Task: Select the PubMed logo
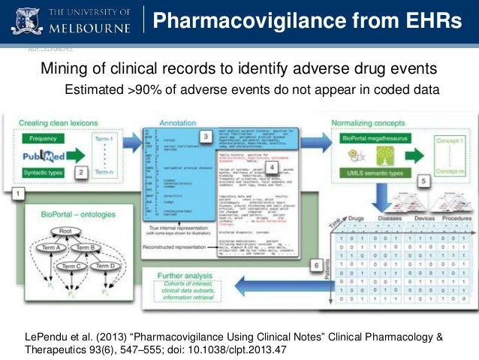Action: coord(48,156)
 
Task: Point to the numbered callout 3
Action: coord(206,136)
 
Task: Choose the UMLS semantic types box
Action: coord(373,174)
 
